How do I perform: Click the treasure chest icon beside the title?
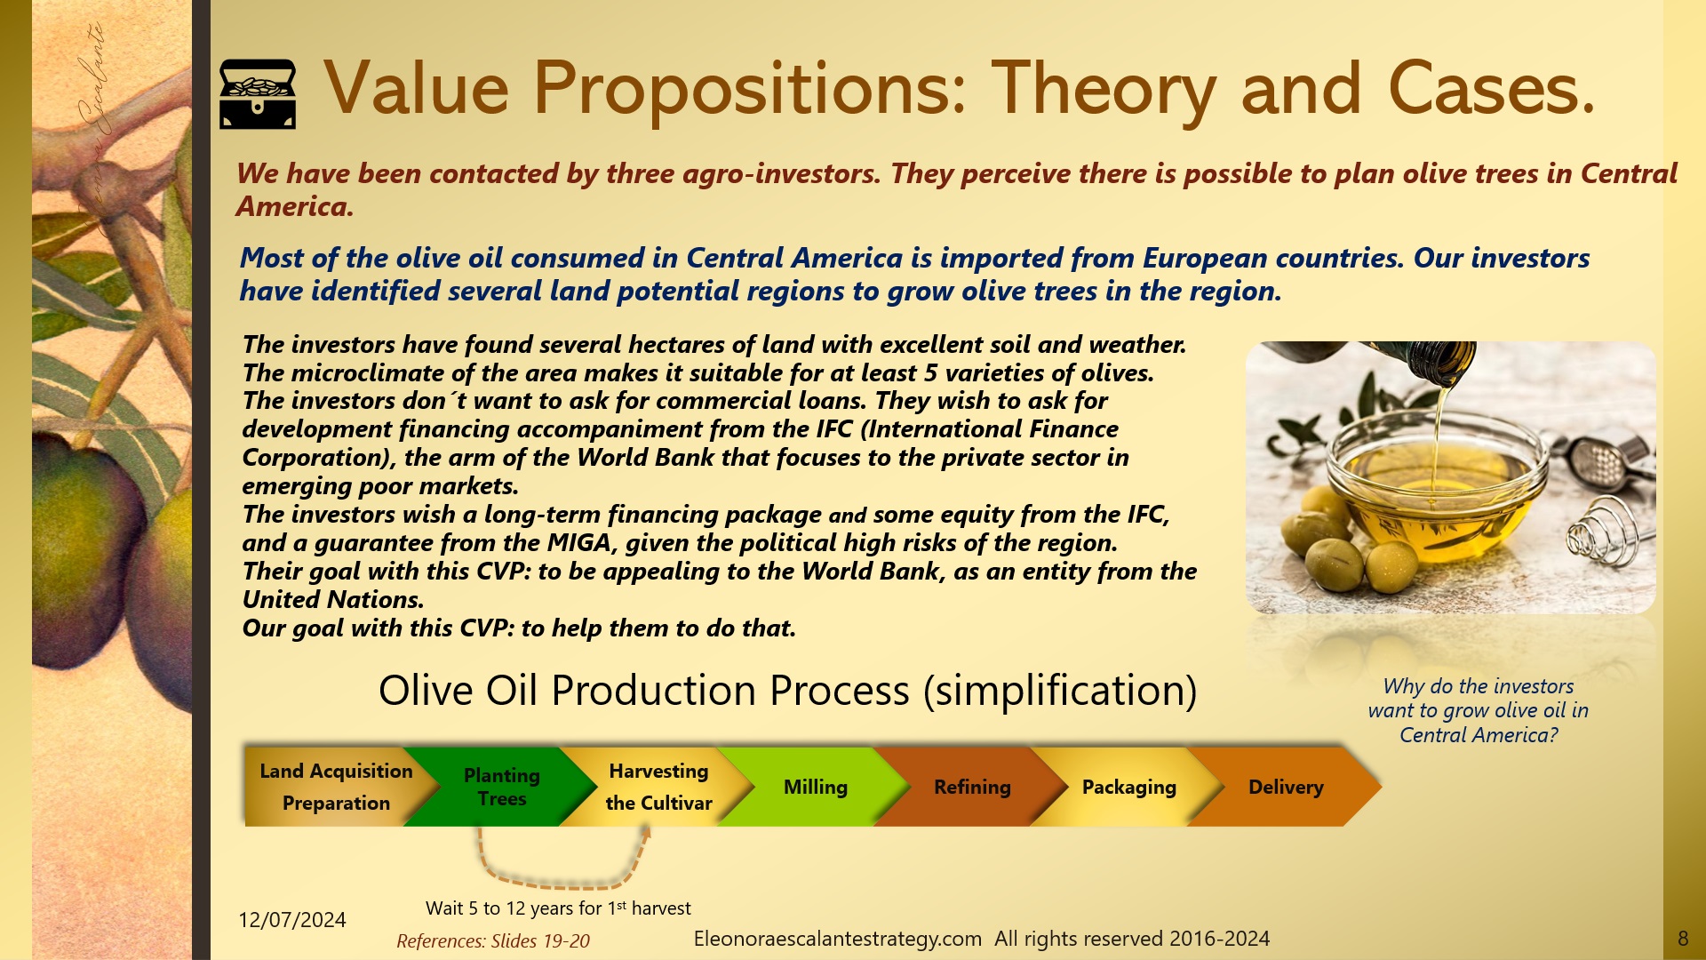pos(257,94)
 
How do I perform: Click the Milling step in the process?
pos(815,787)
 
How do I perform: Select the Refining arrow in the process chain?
pos(972,787)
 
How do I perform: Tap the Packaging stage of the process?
pos(1128,787)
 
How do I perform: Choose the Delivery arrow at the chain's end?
pos(1286,787)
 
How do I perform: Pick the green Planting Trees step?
pos(501,787)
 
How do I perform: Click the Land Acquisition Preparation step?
pos(336,787)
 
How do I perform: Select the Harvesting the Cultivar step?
pos(658,787)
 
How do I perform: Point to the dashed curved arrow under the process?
pos(560,882)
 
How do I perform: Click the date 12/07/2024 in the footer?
pos(291,920)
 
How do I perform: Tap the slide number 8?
pos(1682,939)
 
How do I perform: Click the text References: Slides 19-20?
pos(492,941)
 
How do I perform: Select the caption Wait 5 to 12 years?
pos(557,908)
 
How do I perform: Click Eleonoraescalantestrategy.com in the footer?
pos(837,939)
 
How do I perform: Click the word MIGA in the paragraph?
pos(578,543)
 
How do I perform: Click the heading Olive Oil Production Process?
pos(787,691)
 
